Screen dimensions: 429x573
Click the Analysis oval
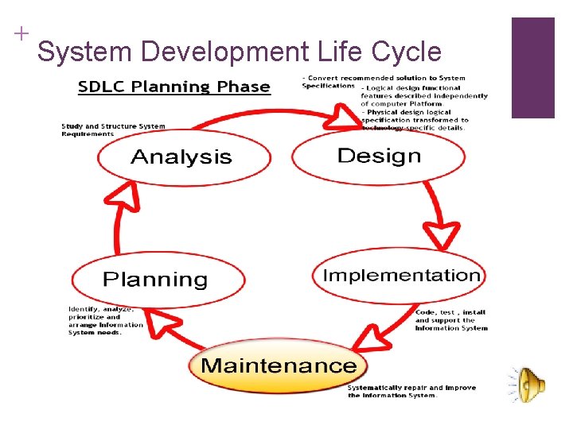coord(181,157)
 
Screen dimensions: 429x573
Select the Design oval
coord(378,156)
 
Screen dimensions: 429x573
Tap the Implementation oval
coord(400,276)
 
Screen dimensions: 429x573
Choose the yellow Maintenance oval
coord(278,366)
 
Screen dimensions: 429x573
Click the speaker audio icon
coord(528,385)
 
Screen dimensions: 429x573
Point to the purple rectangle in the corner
coord(532,68)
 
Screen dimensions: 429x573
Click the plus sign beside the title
coord(21,33)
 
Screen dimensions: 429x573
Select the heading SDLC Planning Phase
coord(173,87)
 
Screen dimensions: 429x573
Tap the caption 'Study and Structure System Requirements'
coord(113,129)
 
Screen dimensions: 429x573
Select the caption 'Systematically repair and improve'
coord(411,392)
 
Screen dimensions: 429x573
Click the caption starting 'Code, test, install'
coord(450,320)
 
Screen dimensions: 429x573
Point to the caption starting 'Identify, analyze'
coord(105,320)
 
